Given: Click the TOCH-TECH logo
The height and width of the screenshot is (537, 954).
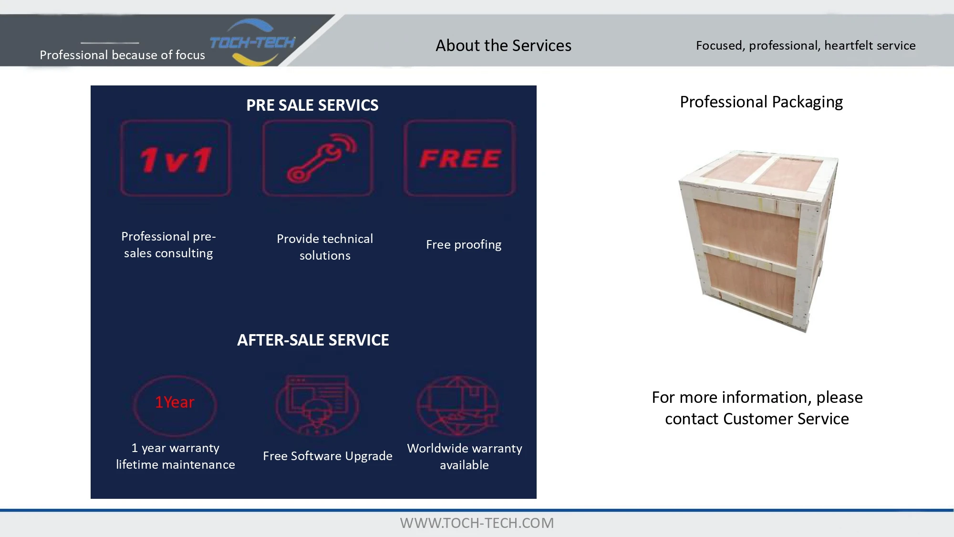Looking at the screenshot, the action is pyautogui.click(x=253, y=42).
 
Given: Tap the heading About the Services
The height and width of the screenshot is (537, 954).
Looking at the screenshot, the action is pyautogui.click(x=503, y=45).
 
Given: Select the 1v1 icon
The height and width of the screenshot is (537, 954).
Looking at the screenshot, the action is pyautogui.click(x=176, y=158).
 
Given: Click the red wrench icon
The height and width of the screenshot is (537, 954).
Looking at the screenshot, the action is pyautogui.click(x=318, y=158).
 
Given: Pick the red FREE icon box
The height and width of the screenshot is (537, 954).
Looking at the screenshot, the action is pyautogui.click(x=460, y=158).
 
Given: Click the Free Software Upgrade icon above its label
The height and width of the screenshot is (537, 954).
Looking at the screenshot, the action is pyautogui.click(x=317, y=405).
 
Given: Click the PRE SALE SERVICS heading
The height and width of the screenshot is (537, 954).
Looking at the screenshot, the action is pyautogui.click(x=312, y=105).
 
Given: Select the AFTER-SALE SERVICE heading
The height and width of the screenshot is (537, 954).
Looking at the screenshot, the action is pyautogui.click(x=313, y=340).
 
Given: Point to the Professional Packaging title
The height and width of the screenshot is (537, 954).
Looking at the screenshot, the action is pyautogui.click(x=761, y=102).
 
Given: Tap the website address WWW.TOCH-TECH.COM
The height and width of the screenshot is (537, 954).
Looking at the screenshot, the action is pyautogui.click(x=477, y=523).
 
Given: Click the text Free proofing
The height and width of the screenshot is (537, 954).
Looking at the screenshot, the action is pyautogui.click(x=464, y=245).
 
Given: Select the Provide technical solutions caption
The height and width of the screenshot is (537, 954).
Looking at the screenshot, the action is pyautogui.click(x=325, y=247).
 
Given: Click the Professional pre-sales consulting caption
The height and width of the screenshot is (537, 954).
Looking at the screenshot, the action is pyautogui.click(x=168, y=244).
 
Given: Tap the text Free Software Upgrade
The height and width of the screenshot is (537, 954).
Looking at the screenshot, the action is pyautogui.click(x=328, y=456).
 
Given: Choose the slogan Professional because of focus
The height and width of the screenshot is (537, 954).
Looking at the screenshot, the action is pyautogui.click(x=122, y=55).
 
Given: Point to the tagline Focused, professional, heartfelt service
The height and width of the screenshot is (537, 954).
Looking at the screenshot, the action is pyautogui.click(x=806, y=45).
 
